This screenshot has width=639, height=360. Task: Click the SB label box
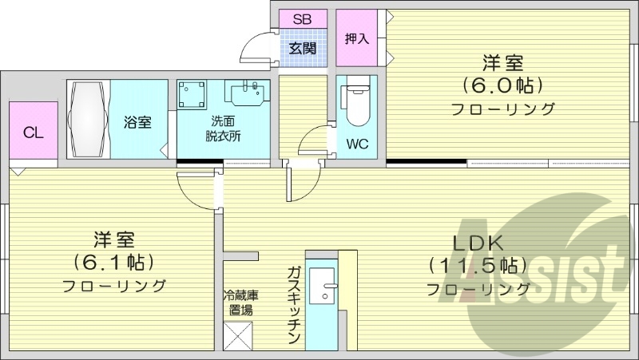tap(303, 18)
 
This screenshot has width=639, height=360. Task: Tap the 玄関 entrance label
tap(303, 48)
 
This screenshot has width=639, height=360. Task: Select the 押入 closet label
tap(356, 38)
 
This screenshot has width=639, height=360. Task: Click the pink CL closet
tap(33, 133)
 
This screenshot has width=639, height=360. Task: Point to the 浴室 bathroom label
tap(137, 122)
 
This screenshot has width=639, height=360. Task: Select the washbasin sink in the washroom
tap(247, 94)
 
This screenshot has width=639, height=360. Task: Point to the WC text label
tap(356, 144)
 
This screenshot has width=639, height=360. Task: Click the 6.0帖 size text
tap(502, 85)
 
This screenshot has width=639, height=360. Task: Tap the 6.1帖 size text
tap(113, 261)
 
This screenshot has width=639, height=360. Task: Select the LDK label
tap(478, 242)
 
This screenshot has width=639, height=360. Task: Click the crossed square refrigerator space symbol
tap(239, 335)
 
